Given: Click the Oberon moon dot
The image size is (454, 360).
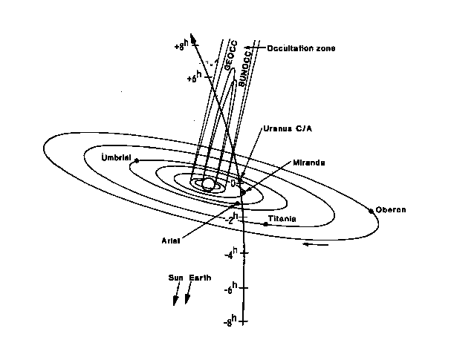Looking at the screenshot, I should point(371,211).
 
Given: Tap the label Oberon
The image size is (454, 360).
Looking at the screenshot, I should point(392,209).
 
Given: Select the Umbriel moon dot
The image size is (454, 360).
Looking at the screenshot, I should point(137,160).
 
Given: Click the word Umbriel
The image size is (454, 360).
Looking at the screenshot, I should point(117,157).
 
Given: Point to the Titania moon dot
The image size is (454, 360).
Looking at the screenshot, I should point(265,223).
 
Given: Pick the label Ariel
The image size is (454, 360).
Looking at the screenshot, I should point(172,240).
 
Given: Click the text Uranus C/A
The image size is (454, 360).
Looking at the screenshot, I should point(286,128).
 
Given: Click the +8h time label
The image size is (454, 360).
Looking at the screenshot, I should point(184,45).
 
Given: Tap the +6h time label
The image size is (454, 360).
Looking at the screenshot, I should point(194,76).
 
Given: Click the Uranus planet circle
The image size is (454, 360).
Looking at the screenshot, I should point(210,183).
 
